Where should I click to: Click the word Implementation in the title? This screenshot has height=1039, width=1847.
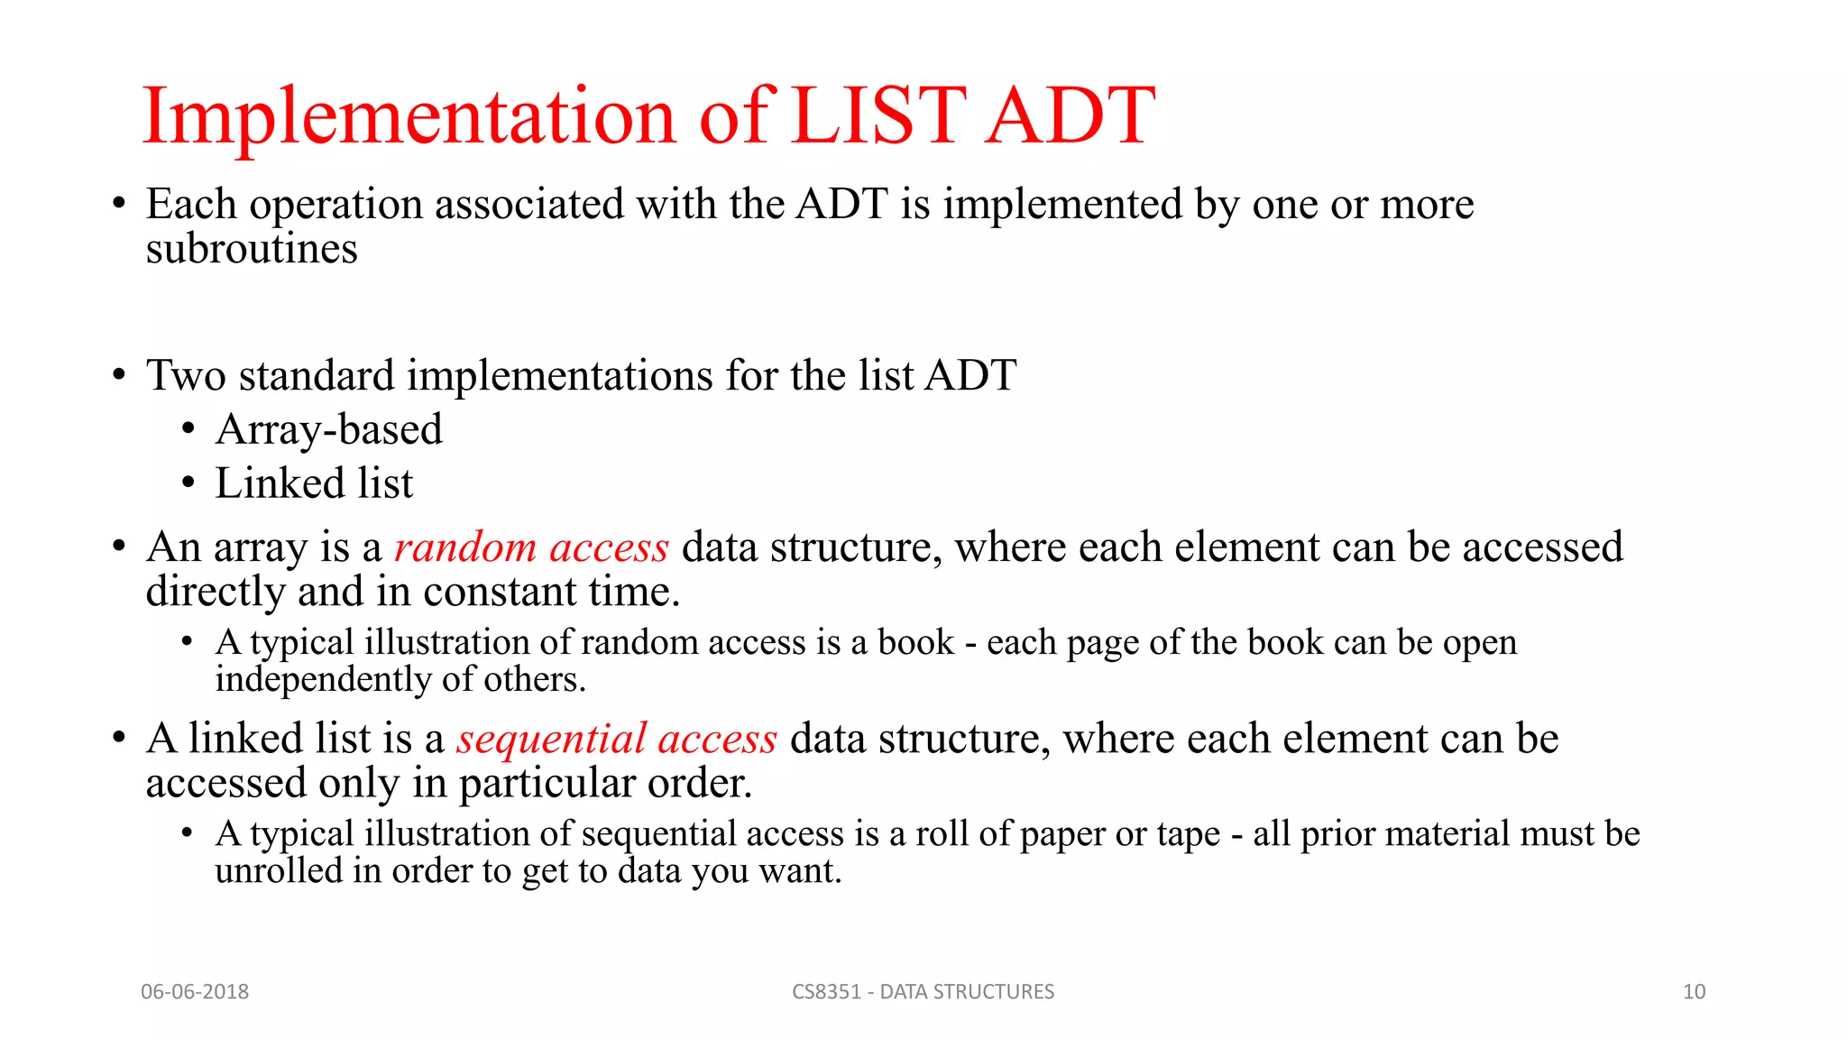[408, 115]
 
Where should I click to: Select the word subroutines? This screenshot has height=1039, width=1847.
[252, 249]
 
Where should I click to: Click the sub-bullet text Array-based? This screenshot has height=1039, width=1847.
[329, 429]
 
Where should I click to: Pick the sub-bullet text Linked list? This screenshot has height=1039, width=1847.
[314, 483]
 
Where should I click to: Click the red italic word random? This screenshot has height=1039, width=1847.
[465, 547]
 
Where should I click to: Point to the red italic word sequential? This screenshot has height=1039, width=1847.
[551, 739]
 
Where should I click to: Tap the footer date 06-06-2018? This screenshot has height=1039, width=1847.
[195, 991]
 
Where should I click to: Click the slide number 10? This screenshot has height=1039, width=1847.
[1694, 991]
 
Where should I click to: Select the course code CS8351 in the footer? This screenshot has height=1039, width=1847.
[826, 991]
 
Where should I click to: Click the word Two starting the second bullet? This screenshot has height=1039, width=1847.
[186, 375]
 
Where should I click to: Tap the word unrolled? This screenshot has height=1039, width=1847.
[278, 870]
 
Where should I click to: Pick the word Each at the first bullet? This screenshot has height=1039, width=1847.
[191, 204]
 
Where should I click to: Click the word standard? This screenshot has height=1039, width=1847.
[317, 375]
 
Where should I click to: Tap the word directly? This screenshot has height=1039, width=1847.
[216, 593]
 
